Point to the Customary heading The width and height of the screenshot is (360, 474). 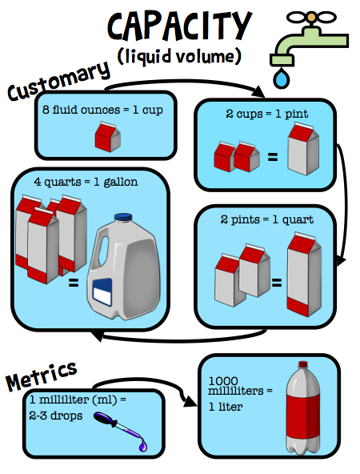click(x=58, y=80)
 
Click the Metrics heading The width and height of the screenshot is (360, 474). click(x=42, y=374)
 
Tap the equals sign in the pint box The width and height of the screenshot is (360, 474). click(x=272, y=158)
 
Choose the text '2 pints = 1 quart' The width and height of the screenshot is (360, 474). click(x=266, y=219)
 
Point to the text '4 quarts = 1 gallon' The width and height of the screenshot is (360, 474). click(x=86, y=182)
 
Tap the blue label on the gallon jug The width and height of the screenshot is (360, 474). click(x=106, y=293)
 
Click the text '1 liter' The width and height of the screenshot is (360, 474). click(x=226, y=406)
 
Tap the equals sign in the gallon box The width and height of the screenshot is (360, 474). click(x=73, y=283)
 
